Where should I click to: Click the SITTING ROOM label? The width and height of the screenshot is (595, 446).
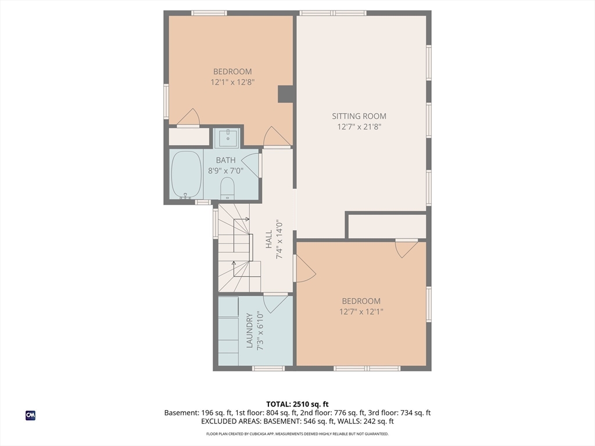pos(359,116)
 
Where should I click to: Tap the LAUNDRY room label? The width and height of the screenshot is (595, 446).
pos(249,330)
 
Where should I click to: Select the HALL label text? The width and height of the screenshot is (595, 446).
pos(269,239)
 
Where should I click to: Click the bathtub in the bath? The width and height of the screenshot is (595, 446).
pos(187,175)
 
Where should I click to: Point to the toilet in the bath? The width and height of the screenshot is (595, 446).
pos(227,188)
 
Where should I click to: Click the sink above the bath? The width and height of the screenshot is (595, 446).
pos(227,137)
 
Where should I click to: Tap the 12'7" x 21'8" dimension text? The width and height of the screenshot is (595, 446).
pos(359,127)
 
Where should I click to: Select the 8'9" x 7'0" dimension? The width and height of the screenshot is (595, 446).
pos(225,171)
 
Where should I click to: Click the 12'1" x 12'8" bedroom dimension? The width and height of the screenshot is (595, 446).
pos(232,82)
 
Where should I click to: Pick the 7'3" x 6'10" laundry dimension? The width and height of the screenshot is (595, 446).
pos(260,330)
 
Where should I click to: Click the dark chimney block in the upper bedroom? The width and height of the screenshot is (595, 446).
pos(285,93)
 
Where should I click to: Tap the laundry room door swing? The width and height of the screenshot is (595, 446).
pos(275,303)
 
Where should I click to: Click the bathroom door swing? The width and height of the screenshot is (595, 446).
pos(251,164)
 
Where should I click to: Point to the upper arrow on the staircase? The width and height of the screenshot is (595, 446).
pos(241,219)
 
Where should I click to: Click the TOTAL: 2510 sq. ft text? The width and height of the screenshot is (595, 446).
pos(297,404)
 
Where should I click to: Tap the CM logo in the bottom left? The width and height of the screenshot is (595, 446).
pos(30,415)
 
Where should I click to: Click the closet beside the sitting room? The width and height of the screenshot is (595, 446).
pos(388,226)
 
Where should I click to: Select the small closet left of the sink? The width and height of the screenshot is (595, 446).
pos(189,136)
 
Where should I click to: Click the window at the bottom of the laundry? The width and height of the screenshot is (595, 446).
pos(268,368)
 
